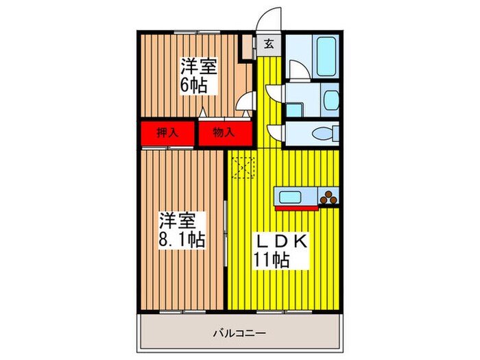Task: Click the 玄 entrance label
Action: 269,45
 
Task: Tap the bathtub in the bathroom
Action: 324,50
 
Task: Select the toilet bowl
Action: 323,132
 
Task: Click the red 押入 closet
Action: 168,132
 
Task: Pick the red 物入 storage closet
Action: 224,132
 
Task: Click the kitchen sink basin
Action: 289,197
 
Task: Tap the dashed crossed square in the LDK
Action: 243,167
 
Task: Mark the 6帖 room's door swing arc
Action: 243,103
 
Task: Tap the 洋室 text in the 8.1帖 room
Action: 179,221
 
